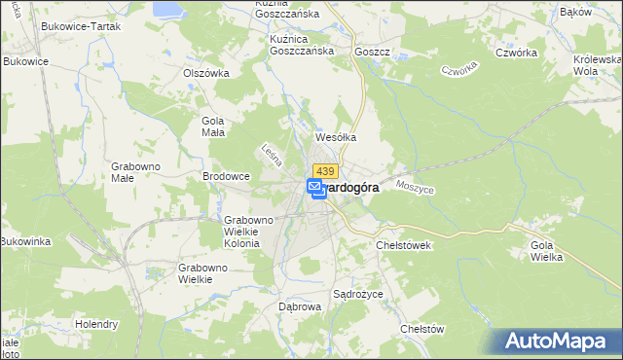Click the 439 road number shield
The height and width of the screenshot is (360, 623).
[x=325, y=171]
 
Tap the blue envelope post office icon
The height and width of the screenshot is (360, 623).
[x=314, y=186]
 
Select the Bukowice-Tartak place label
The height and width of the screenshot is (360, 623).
[x=81, y=26]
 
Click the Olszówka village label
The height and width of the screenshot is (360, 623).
[x=206, y=72]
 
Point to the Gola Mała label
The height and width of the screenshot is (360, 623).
[x=212, y=126]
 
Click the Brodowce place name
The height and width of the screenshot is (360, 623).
[x=226, y=176]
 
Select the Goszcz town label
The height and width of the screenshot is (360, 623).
[x=372, y=52]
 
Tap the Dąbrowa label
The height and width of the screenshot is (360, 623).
[x=299, y=306]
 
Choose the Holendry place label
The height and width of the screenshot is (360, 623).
[x=97, y=324]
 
